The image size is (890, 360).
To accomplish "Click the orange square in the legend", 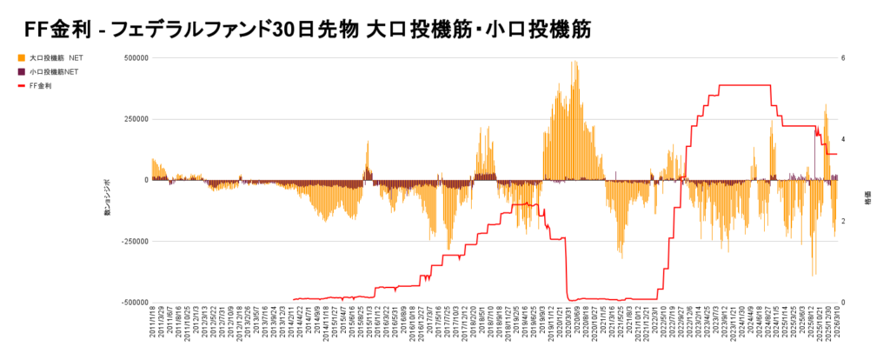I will click(20, 57).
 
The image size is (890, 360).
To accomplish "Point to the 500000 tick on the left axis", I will click(135, 58).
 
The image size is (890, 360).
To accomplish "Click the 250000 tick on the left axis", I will click(135, 119).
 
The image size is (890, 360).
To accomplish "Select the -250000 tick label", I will click(133, 241).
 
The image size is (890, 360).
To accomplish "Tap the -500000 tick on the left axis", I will click(133, 303).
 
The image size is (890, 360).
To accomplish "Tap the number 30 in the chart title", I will click(286, 30).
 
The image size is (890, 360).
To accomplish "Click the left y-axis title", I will click(108, 198).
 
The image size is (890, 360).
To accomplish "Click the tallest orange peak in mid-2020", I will click(575, 63).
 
